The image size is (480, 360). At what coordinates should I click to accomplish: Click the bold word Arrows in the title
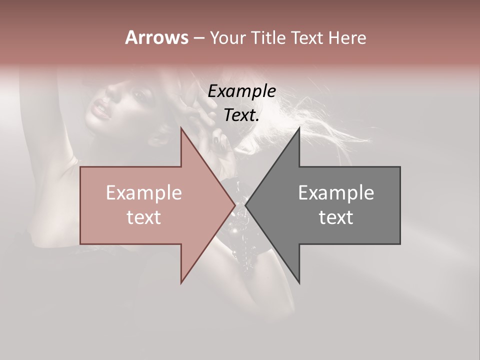point(156,37)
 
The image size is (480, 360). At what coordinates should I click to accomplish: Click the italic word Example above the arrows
point(241,91)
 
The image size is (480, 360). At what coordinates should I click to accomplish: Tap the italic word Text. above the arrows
point(241,115)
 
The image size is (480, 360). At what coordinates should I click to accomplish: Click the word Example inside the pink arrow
point(144,193)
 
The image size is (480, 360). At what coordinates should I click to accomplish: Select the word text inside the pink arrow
point(144,217)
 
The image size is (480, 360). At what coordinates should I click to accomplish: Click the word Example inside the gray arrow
point(336,193)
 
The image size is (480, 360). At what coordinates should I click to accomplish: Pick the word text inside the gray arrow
point(336,217)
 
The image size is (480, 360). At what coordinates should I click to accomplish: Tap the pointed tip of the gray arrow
point(245,205)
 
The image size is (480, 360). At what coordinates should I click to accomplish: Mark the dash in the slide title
point(198,38)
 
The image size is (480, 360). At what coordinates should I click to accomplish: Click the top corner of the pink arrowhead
point(181,128)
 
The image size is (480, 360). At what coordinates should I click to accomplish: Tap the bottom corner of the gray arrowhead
point(299,282)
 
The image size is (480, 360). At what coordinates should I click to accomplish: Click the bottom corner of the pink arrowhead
point(181,282)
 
